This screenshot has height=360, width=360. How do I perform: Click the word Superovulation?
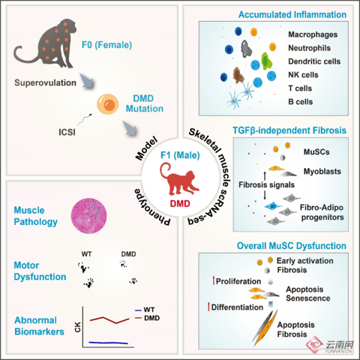(x=45, y=83)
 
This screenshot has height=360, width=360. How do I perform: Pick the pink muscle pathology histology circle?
(x=89, y=216)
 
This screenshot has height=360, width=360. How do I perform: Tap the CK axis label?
(x=78, y=327)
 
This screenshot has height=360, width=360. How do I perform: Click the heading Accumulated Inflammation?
(x=292, y=15)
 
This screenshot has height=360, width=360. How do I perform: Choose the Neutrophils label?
(x=310, y=48)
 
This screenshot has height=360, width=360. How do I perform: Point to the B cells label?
(x=300, y=102)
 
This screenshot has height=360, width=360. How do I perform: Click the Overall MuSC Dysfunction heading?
(x=292, y=245)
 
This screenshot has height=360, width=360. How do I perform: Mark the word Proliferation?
(x=238, y=281)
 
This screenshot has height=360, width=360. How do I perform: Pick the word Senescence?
(x=308, y=298)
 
